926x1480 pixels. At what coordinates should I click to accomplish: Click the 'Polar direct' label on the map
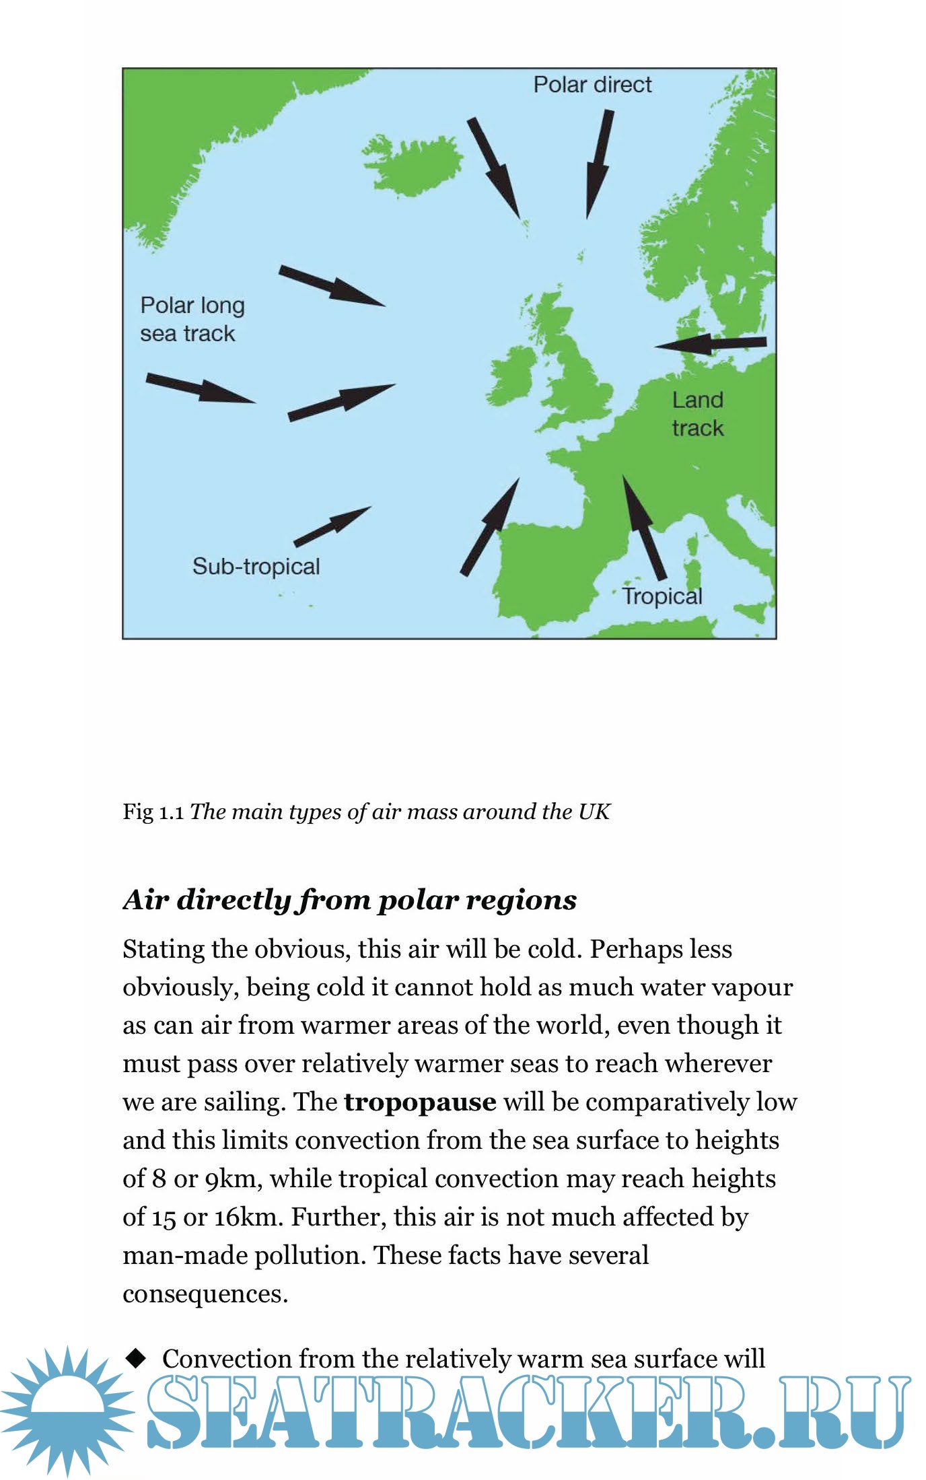(x=592, y=85)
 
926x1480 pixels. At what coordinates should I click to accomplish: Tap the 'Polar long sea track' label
(x=192, y=319)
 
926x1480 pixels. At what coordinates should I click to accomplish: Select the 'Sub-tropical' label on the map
(x=256, y=566)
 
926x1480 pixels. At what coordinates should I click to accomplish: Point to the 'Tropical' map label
(x=662, y=596)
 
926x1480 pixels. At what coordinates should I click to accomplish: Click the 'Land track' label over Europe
(x=697, y=414)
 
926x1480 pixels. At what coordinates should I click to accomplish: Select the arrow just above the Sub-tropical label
(x=332, y=526)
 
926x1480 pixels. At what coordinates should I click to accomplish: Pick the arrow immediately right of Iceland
(x=495, y=168)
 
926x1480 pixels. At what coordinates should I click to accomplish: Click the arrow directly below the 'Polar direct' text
(x=598, y=164)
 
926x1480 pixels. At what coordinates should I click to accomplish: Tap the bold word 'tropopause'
(x=420, y=1102)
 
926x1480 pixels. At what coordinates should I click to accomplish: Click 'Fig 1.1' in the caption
(x=153, y=812)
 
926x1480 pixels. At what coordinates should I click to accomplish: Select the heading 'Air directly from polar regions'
(x=350, y=900)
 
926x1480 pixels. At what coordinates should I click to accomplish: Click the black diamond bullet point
(x=137, y=1358)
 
